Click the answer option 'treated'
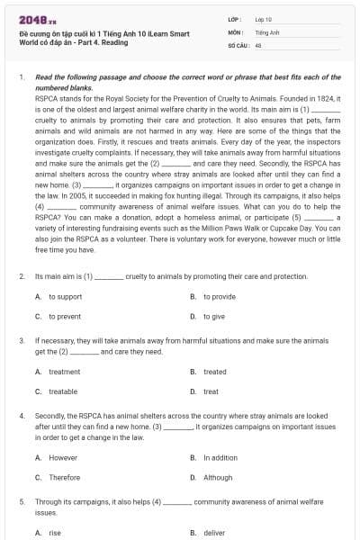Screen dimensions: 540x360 214,372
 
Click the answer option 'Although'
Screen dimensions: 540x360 217,478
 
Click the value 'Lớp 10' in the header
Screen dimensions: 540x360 265,18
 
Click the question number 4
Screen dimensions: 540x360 22,417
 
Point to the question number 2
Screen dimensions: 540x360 22,276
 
